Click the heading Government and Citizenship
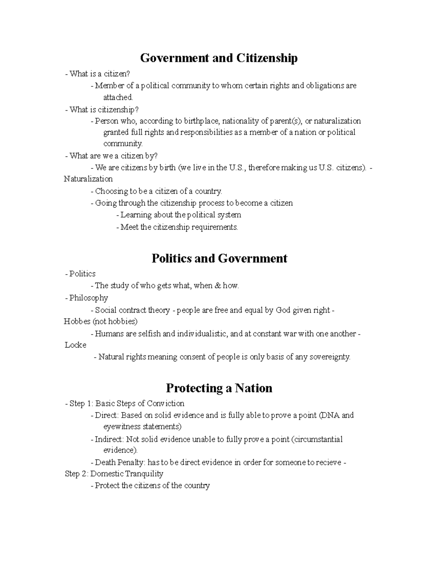coord(219,58)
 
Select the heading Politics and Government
coord(219,258)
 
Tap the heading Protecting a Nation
coord(219,388)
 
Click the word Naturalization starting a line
coord(88,179)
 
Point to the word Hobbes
coord(77,321)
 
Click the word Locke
coord(75,345)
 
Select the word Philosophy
coord(88,298)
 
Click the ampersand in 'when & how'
coord(217,286)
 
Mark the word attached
coord(118,97)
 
